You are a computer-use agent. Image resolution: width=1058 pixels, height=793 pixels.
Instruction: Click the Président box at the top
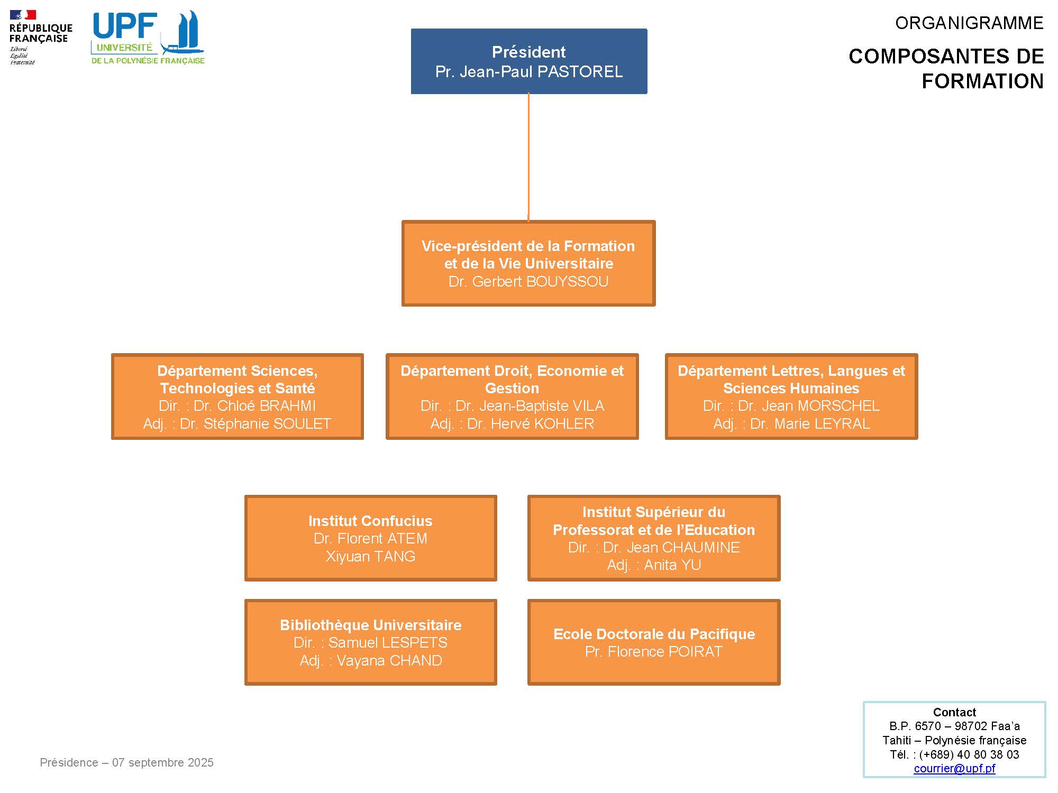point(529,61)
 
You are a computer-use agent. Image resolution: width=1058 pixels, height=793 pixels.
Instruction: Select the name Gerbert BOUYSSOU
point(540,282)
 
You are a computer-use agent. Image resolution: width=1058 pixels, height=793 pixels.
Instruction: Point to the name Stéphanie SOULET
point(256,424)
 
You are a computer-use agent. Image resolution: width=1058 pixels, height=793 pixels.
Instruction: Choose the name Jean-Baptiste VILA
point(530,406)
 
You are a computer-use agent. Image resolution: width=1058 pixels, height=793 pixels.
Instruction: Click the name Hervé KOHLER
point(531,424)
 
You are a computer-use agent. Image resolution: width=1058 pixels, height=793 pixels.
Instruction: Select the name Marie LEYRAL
point(810,424)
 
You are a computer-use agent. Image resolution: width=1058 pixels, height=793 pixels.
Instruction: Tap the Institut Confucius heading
point(370,521)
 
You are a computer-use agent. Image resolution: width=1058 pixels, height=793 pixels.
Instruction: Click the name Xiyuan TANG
point(370,557)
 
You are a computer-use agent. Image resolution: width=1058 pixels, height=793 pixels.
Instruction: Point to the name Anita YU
point(672,565)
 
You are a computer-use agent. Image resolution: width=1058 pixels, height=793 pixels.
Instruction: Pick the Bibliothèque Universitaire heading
point(370,625)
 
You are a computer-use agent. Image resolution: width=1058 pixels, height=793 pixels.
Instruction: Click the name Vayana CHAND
point(389,661)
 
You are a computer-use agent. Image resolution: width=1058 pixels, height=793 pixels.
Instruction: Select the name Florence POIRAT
point(665,652)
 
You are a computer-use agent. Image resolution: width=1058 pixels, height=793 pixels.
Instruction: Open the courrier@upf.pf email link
point(954,769)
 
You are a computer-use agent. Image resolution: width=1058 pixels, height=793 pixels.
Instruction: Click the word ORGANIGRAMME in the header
point(969,23)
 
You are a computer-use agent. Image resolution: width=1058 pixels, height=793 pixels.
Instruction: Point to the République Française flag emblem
point(23,15)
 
